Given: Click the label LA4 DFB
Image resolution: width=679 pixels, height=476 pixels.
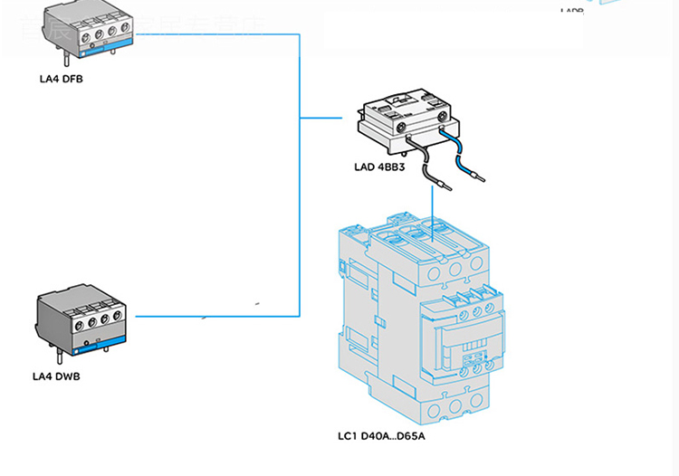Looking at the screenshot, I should (62, 79).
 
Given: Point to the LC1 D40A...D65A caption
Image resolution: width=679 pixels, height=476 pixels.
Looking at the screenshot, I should (381, 437).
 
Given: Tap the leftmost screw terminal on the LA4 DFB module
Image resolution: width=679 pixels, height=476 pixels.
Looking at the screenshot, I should (72, 30).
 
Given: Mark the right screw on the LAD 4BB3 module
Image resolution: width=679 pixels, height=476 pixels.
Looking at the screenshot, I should (442, 117).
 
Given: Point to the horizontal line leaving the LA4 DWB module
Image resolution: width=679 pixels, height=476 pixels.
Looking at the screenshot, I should (217, 316).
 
